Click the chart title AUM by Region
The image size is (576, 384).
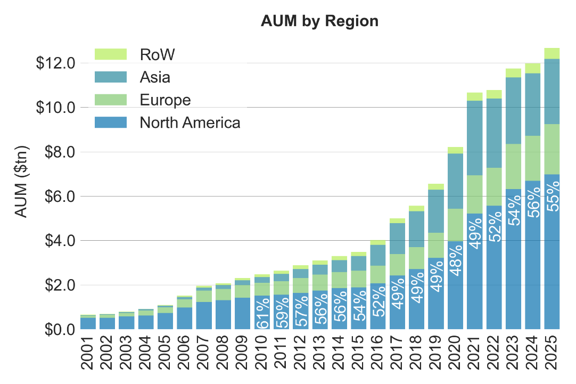(319, 21)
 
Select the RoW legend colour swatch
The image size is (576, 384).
(111, 54)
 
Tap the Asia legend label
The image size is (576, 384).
(155, 77)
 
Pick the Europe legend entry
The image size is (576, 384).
(165, 100)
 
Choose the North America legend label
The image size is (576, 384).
(190, 123)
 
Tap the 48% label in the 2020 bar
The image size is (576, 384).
(456, 259)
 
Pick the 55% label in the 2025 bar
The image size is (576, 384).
(553, 196)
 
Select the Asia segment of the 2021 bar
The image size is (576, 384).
(475, 138)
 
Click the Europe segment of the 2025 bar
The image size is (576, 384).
(552, 149)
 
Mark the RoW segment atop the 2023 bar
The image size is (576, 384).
(513, 73)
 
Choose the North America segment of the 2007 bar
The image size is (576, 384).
(204, 316)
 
